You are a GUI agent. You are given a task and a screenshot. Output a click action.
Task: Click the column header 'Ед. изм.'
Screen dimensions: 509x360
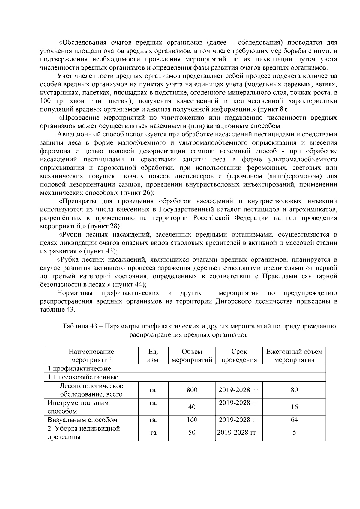(153, 355)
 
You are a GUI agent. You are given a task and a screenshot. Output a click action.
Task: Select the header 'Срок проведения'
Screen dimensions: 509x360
(239, 355)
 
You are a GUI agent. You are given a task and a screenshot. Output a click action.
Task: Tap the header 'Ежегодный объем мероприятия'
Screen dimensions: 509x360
(294, 355)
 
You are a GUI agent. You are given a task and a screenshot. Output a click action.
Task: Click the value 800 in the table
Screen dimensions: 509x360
(192, 390)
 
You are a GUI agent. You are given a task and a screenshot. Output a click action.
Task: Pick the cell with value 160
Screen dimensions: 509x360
(192, 420)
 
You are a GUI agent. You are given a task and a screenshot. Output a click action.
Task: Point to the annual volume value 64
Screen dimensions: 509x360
(294, 420)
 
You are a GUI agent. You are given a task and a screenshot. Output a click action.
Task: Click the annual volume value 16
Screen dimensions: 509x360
(294, 407)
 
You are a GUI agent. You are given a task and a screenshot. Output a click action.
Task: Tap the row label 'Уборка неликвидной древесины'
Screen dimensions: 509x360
(84, 433)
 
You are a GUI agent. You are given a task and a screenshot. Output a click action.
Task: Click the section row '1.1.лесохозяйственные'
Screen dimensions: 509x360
(82, 377)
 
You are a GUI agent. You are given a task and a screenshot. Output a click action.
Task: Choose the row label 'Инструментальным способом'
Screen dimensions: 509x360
(78, 407)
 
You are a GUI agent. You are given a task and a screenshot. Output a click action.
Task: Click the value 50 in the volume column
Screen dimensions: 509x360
(192, 432)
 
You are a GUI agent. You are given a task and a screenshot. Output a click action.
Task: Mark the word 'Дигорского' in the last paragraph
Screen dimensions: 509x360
(233, 301)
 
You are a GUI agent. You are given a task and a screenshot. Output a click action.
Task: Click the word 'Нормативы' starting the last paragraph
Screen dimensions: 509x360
(75, 293)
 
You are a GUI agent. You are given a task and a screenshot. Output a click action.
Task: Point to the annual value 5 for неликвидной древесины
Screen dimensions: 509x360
(294, 432)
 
